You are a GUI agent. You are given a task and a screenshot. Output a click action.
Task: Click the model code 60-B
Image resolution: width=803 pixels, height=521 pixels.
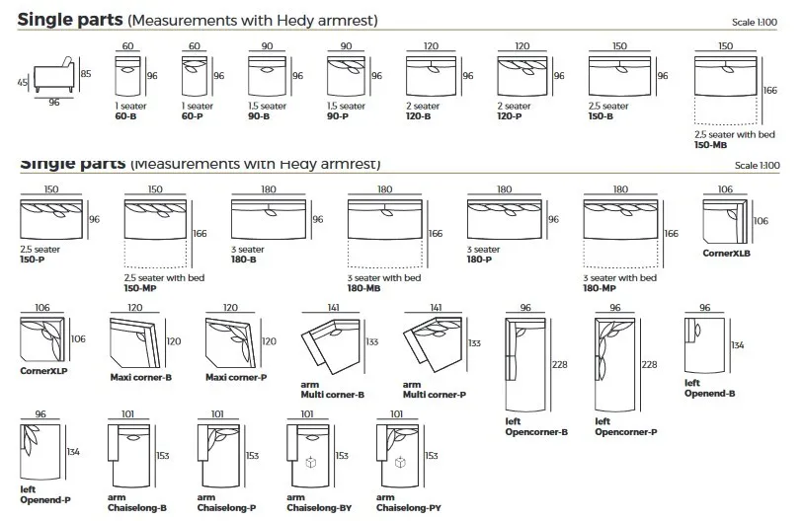(126, 115)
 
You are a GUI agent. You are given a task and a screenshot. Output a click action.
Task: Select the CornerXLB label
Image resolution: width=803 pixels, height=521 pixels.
(727, 253)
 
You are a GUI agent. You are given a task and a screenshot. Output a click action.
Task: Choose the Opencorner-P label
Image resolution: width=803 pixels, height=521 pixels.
(625, 431)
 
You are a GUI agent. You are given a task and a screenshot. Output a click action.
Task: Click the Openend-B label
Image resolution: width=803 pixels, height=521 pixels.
(709, 393)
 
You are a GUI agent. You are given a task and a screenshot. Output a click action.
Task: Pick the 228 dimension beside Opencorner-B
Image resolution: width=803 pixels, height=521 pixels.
(559, 364)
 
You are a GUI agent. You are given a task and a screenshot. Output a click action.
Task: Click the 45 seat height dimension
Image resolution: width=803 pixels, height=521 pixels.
(23, 83)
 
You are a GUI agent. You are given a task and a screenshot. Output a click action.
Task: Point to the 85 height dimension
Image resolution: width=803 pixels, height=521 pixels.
(86, 73)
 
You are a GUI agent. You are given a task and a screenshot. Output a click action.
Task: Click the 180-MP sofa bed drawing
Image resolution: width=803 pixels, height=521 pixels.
(620, 233)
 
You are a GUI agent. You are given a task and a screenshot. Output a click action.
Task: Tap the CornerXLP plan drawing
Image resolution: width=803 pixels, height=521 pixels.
(42, 339)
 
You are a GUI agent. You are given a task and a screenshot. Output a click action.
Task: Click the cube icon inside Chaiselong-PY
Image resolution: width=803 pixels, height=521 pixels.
(401, 462)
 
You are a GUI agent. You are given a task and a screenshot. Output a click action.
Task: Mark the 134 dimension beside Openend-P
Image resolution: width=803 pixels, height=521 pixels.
(73, 452)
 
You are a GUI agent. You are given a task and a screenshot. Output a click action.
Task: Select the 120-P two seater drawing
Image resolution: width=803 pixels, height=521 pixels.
(522, 75)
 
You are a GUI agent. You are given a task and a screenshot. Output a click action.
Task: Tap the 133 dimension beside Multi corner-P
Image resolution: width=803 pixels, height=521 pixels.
(474, 342)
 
